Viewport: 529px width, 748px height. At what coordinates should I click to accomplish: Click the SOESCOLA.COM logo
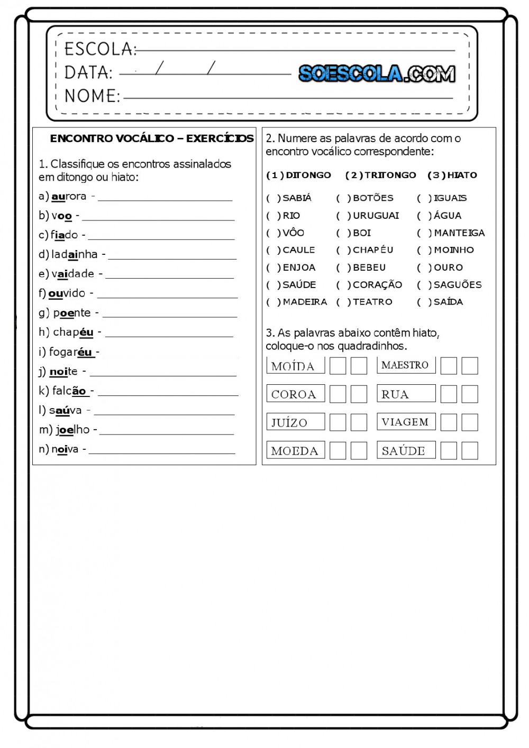(x=377, y=73)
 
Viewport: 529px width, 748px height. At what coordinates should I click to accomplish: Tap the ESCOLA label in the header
(x=99, y=49)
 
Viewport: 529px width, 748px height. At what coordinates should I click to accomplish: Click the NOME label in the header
(x=92, y=96)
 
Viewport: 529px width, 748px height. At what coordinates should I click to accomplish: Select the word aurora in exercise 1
(x=69, y=196)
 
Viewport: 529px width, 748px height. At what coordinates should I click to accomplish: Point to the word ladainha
(x=75, y=254)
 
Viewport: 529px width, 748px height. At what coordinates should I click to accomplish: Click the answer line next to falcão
(x=168, y=394)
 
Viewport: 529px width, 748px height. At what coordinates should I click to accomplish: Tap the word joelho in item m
(x=73, y=430)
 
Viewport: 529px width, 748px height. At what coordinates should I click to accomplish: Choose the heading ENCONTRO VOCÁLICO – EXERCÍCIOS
(x=152, y=138)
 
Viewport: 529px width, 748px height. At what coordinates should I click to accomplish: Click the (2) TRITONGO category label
(x=380, y=175)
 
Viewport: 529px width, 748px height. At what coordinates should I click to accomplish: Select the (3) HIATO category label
(x=452, y=175)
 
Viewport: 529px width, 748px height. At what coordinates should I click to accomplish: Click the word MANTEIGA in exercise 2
(x=459, y=233)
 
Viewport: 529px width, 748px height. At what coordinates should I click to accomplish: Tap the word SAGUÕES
(x=458, y=284)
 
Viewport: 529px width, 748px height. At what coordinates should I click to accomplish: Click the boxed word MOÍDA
(x=295, y=366)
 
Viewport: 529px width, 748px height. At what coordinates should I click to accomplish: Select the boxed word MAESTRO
(x=406, y=365)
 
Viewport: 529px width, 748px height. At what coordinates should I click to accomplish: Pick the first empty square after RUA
(x=449, y=394)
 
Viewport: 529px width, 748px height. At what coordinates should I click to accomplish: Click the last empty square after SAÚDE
(x=470, y=450)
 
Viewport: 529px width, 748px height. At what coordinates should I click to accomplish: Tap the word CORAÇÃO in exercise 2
(x=377, y=284)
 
